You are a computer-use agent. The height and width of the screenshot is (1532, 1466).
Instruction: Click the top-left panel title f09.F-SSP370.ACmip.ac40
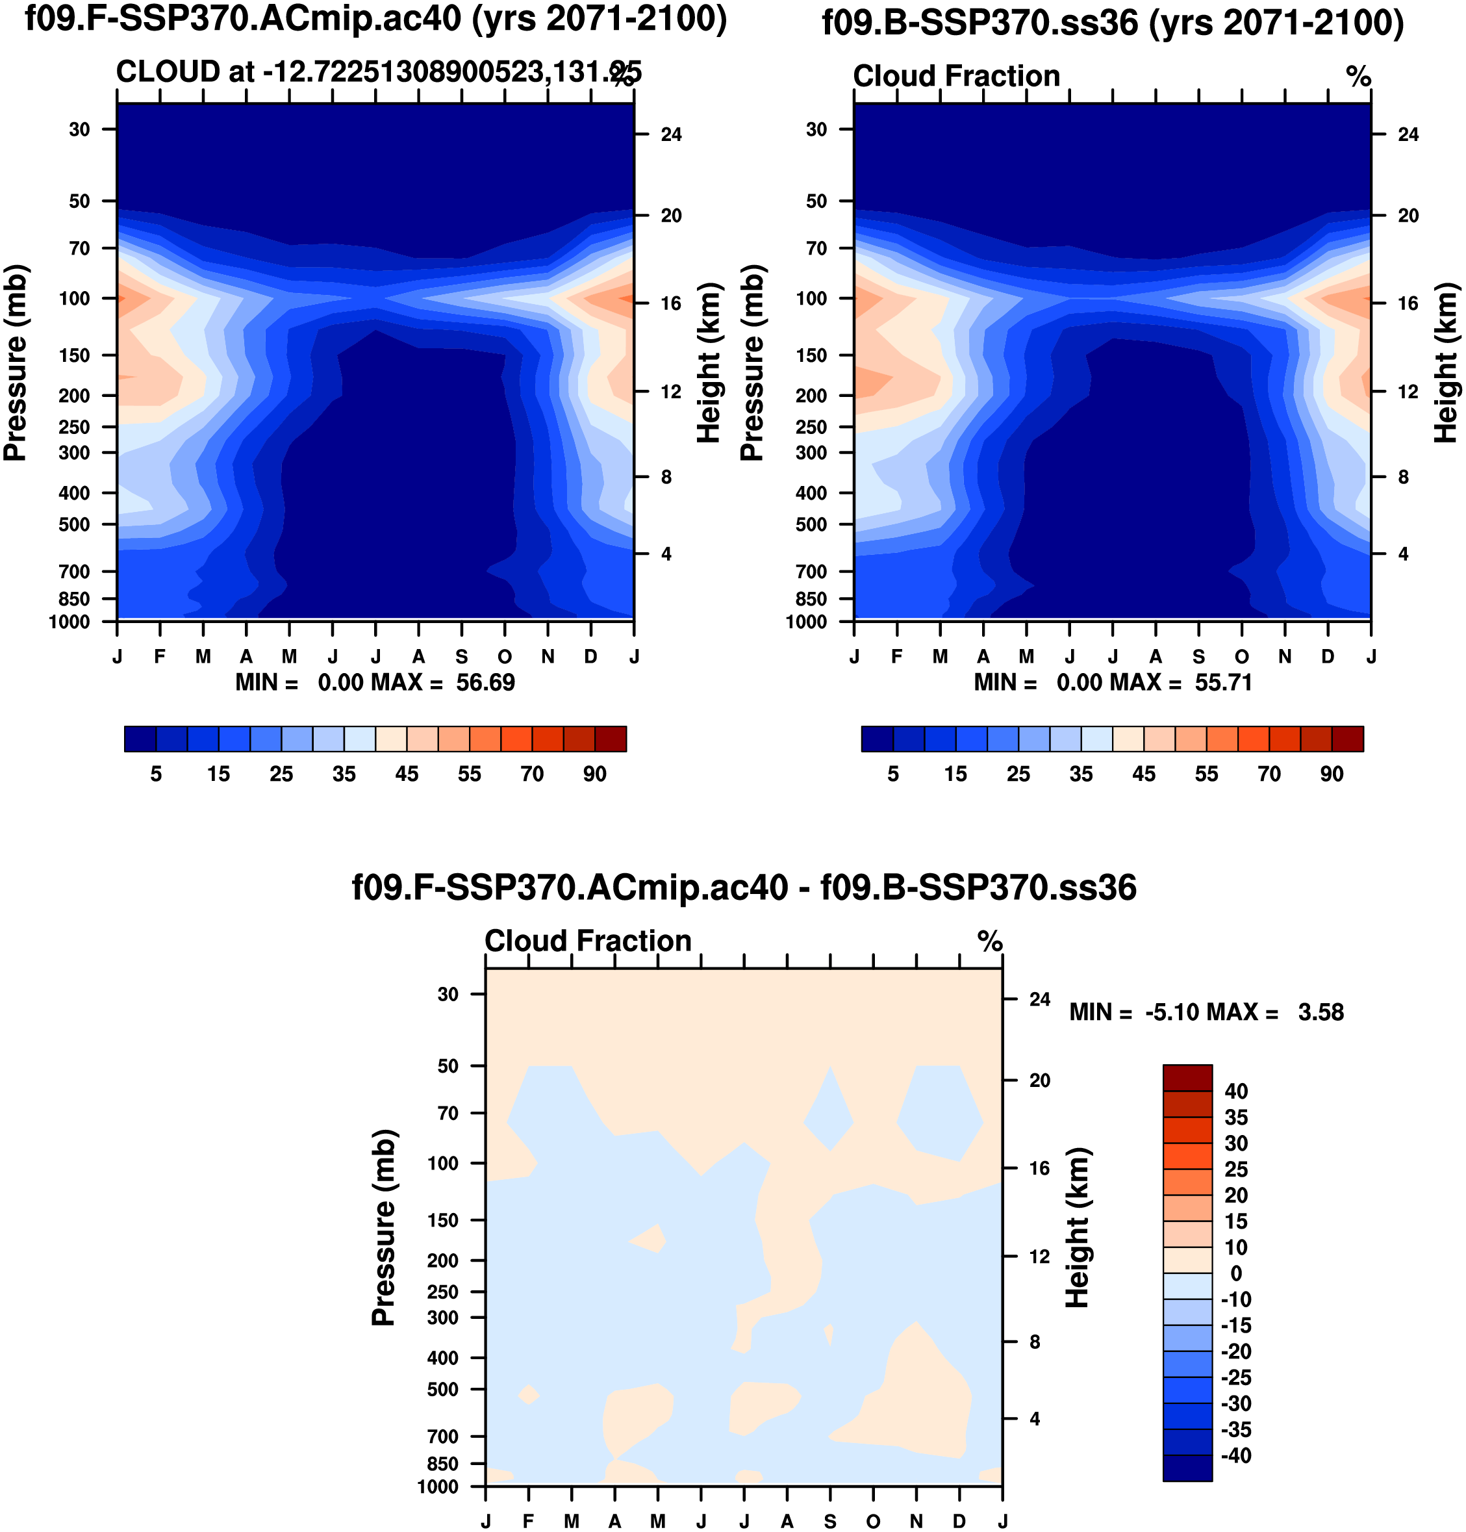pos(375,19)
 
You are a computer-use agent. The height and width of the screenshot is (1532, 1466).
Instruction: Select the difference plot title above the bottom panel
pos(743,888)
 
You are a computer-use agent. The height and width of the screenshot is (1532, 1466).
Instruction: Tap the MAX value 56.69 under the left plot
pos(485,682)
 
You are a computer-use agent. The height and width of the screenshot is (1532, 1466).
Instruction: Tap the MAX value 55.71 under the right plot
pos(1223,682)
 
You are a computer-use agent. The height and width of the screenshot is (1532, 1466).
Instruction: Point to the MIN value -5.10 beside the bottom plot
pos(1173,1012)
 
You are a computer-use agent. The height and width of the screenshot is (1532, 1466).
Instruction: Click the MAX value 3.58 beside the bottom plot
pos(1321,1012)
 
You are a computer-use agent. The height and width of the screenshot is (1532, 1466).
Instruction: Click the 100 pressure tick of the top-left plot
pos(74,298)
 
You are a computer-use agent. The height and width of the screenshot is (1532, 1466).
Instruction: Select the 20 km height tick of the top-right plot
pos(1408,216)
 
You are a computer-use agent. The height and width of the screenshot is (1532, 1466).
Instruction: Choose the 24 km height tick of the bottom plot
pos(1039,999)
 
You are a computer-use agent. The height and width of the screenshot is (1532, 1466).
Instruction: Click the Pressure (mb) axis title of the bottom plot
pos(383,1227)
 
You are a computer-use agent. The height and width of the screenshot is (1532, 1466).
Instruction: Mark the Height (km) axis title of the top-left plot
pos(708,363)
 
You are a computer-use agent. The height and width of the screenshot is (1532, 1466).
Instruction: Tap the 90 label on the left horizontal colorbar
pos(595,774)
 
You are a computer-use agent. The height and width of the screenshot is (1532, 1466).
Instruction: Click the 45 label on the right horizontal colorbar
pos(1144,774)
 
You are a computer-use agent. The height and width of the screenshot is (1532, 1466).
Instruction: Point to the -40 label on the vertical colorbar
pos(1235,1455)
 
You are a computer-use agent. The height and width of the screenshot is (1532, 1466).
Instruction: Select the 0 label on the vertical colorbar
pos(1235,1273)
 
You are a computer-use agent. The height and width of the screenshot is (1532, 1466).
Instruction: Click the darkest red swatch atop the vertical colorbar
pos(1187,1077)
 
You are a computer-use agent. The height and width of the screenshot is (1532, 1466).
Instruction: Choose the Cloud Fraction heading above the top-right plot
pos(957,76)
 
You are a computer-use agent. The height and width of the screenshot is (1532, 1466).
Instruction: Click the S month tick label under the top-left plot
pos(462,657)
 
